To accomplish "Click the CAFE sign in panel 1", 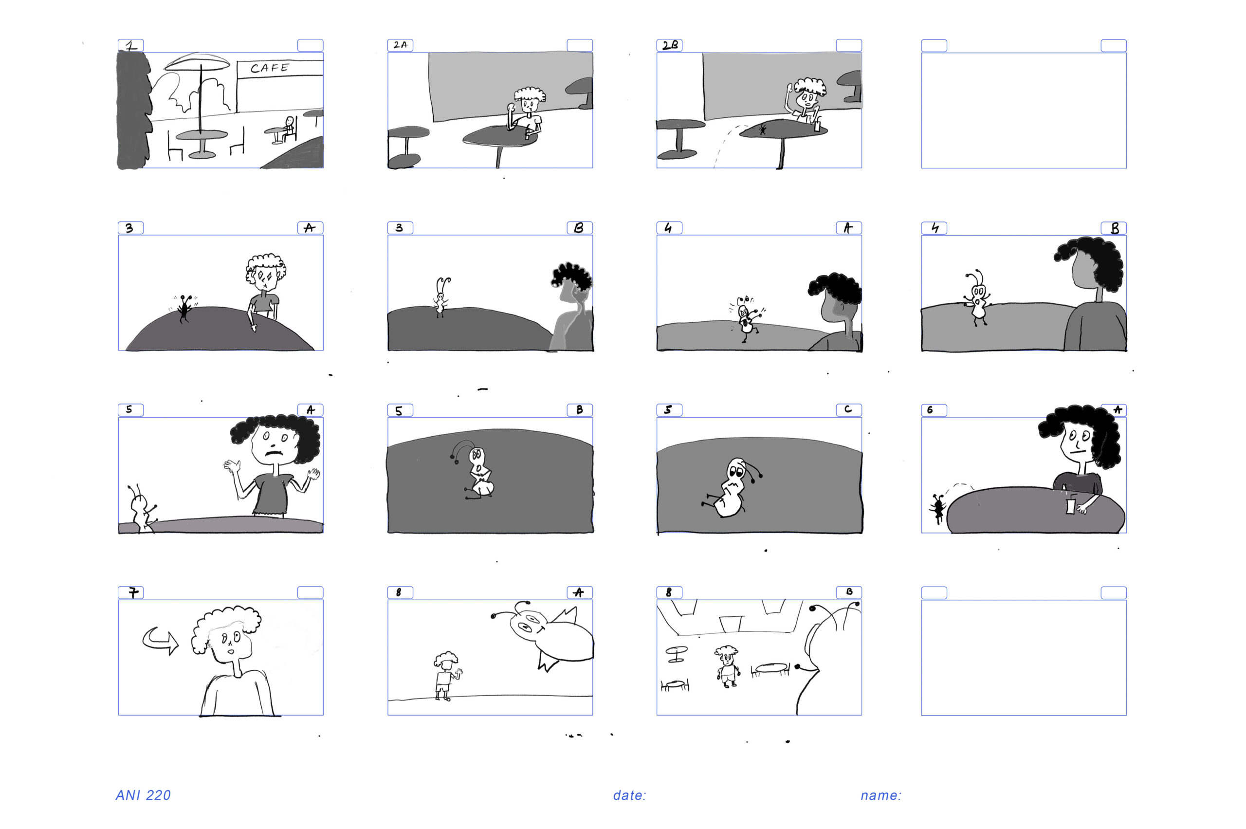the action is (x=270, y=68).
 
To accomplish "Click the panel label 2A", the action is (x=400, y=45).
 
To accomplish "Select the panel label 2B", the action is (x=670, y=45).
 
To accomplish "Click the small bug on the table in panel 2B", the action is (x=762, y=129).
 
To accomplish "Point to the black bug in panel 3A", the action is (x=184, y=308).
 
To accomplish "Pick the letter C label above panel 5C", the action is (x=848, y=409).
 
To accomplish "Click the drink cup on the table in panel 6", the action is (x=1070, y=504).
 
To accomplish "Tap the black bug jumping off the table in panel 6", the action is (x=938, y=509).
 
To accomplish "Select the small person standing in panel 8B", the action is (x=728, y=665).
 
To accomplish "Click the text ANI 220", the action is (x=143, y=795).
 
